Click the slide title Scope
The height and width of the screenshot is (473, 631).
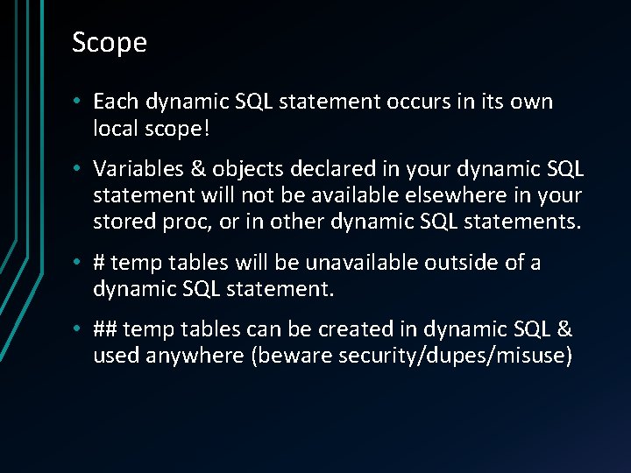coord(110,43)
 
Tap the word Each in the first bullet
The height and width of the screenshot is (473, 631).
coord(115,102)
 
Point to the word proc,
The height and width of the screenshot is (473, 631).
coord(187,221)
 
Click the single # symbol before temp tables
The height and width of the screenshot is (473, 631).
coord(100,263)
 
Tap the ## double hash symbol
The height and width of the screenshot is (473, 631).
coord(105,329)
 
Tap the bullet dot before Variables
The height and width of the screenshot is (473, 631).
coord(77,168)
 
